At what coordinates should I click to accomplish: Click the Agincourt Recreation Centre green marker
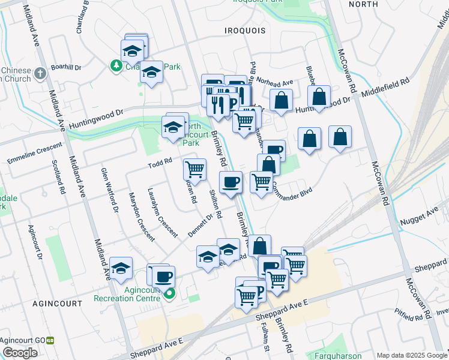(x=169, y=293)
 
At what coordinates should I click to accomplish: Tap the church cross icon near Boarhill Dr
(x=40, y=73)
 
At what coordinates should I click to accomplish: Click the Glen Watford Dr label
(x=110, y=190)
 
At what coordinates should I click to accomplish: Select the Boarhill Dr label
(x=66, y=67)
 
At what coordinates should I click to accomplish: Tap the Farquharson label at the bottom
(x=339, y=355)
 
